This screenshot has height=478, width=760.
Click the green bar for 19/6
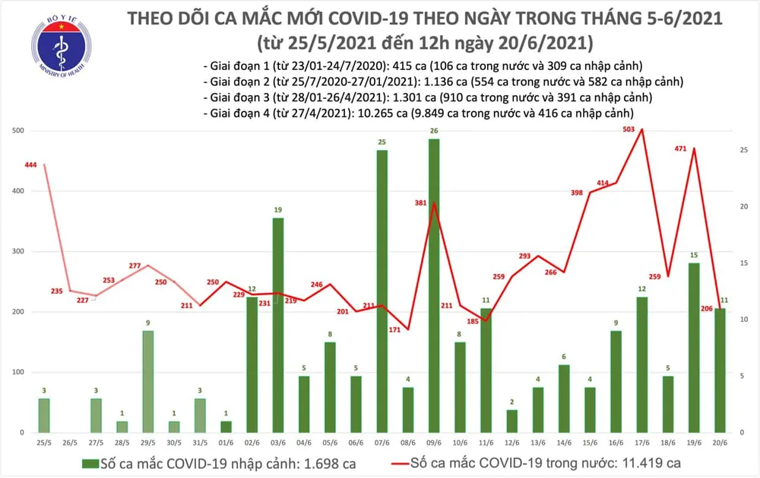pos(693,347)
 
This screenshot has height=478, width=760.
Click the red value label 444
pos(32,165)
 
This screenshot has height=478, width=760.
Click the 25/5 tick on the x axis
pos(45,442)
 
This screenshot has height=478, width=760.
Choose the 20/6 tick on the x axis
pos(719,442)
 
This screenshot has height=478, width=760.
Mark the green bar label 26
pos(433,131)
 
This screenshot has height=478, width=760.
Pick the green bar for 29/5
pos(149,381)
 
